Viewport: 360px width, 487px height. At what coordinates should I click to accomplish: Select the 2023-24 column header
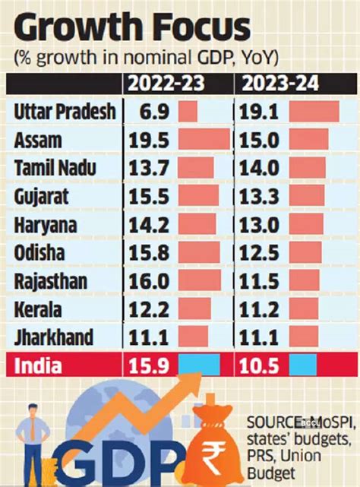[288, 82]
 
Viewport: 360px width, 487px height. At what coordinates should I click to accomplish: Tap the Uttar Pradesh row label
[65, 112]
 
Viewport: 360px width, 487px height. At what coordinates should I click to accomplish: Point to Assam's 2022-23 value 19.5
[152, 140]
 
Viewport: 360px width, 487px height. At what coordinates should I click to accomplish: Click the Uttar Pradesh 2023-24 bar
[313, 112]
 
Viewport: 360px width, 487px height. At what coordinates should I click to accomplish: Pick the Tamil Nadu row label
[54, 167]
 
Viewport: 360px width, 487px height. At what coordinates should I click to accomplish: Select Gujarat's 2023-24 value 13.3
[265, 195]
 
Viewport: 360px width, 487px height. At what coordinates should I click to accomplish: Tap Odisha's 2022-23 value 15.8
[152, 251]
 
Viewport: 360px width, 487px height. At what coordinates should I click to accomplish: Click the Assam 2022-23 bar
[204, 140]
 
